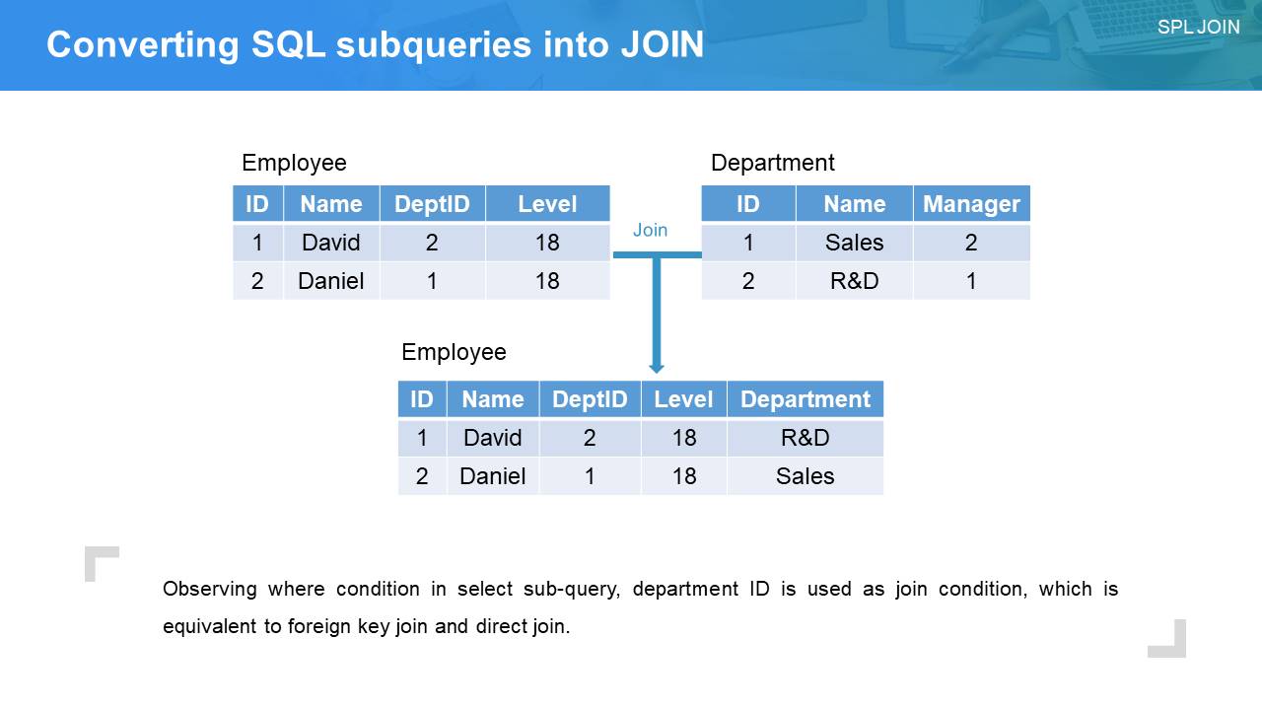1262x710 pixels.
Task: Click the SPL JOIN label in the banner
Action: click(x=1198, y=27)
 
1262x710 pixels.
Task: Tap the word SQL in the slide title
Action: click(x=289, y=44)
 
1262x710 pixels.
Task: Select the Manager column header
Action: click(x=971, y=203)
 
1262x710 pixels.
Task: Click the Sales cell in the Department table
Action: click(x=854, y=243)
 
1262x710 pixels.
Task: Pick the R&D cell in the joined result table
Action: click(x=806, y=438)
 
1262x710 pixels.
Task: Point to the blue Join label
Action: click(x=650, y=230)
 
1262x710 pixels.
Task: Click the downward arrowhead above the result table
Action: click(x=657, y=368)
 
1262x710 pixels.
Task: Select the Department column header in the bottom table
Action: click(x=806, y=399)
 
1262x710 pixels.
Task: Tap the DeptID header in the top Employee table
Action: click(x=432, y=203)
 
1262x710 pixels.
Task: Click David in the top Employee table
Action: click(x=330, y=243)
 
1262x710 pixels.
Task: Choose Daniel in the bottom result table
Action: click(x=492, y=476)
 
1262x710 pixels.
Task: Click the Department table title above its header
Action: click(x=772, y=163)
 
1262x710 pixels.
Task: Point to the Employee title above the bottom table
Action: click(x=454, y=352)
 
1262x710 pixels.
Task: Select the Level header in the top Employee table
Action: click(x=547, y=203)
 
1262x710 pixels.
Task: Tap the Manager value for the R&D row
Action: click(x=971, y=281)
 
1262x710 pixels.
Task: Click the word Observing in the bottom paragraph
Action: click(x=210, y=589)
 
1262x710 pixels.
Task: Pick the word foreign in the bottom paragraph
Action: click(x=318, y=626)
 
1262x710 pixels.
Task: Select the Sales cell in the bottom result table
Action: click(x=806, y=476)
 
